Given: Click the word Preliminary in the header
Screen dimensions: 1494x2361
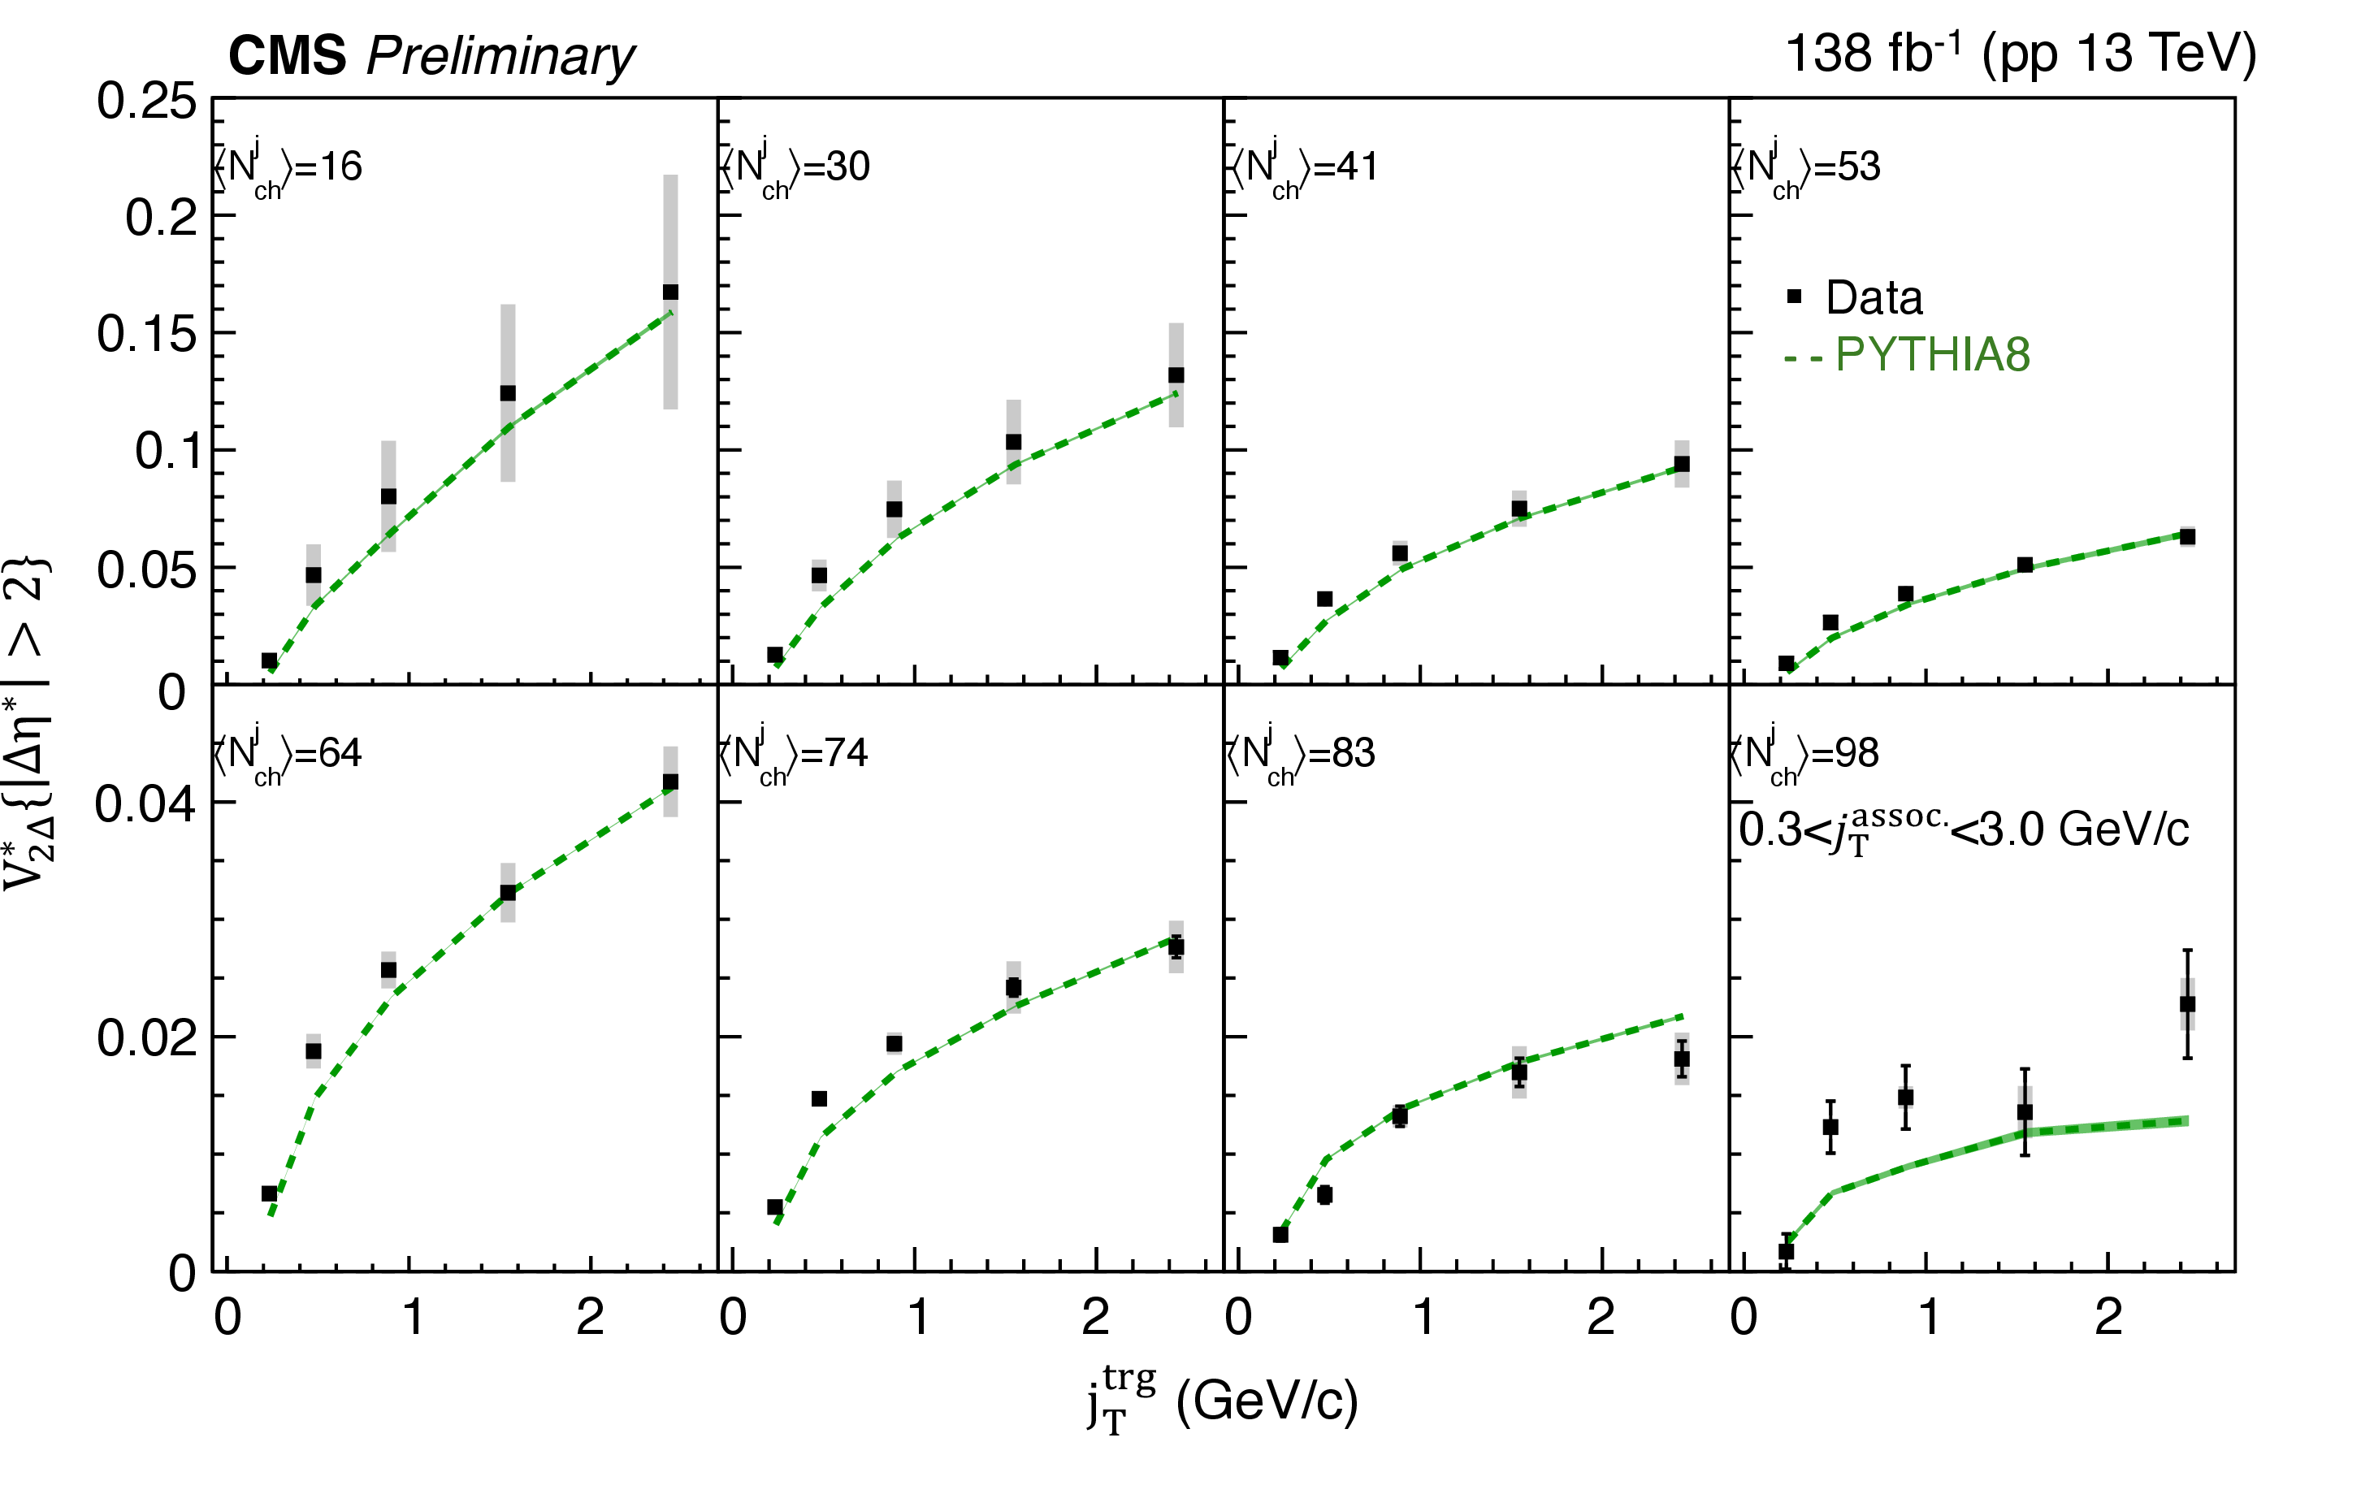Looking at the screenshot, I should (500, 57).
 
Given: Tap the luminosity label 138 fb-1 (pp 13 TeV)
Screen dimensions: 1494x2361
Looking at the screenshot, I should (2020, 53).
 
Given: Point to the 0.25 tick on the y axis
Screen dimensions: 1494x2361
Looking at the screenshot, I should (146, 101).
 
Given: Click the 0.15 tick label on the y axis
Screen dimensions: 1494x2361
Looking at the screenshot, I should (146, 334).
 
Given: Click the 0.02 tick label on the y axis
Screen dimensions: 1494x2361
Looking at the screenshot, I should (146, 1038).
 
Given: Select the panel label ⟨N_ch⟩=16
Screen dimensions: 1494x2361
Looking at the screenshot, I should (288, 167).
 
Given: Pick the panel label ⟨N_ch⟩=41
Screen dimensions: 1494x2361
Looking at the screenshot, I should (1304, 167).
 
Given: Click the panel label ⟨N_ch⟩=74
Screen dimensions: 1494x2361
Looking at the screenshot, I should (795, 753).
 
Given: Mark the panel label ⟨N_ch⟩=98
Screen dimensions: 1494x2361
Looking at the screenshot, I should (1804, 753).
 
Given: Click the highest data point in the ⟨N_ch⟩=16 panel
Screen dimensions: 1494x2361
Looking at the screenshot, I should (670, 292).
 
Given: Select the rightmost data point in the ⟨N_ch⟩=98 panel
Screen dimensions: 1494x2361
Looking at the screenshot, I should (2187, 1004).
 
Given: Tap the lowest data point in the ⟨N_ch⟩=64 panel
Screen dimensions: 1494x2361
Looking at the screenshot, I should (270, 1193).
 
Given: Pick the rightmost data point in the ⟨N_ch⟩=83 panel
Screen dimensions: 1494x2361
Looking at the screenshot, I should (1682, 1059).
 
